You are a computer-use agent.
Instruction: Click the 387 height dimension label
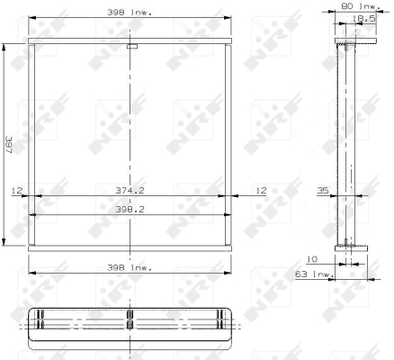click(9, 145)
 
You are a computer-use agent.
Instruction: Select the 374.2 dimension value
click(130, 191)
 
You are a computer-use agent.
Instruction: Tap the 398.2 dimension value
click(130, 210)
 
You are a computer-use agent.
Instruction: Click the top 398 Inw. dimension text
click(130, 13)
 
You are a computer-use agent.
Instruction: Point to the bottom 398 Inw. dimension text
click(130, 267)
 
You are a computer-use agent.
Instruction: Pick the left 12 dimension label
click(17, 191)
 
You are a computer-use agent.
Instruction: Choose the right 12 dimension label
click(261, 191)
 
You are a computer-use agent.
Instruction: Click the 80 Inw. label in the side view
click(361, 6)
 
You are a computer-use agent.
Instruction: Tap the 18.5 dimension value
click(363, 19)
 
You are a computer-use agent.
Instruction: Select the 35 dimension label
click(323, 191)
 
